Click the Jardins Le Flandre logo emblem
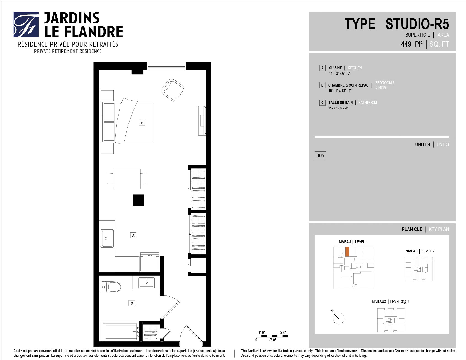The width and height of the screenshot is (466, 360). pyautogui.click(x=26, y=25)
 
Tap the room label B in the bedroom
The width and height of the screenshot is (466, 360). pyautogui.click(x=142, y=123)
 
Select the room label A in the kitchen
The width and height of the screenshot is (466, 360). pyautogui.click(x=133, y=235)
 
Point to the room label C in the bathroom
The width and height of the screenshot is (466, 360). pyautogui.click(x=132, y=303)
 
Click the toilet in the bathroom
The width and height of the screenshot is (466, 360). pyautogui.click(x=111, y=287)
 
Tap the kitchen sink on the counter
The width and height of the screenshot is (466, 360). pyautogui.click(x=107, y=238)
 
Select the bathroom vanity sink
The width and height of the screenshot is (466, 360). pyautogui.click(x=146, y=282)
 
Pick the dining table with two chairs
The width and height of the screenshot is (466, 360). pyautogui.click(x=127, y=179)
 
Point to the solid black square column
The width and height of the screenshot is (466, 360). pyautogui.click(x=139, y=200)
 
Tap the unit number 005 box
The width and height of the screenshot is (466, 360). pyautogui.click(x=320, y=155)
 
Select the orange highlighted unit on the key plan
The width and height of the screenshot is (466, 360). pyautogui.click(x=347, y=252)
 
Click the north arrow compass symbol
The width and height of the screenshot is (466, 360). pyautogui.click(x=338, y=318)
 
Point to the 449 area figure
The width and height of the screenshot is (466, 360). pyautogui.click(x=406, y=44)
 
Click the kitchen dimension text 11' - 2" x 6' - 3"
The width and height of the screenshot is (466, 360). pyautogui.click(x=340, y=74)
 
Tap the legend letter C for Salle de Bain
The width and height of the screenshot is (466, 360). pyautogui.click(x=322, y=103)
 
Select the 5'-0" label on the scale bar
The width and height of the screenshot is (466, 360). pyautogui.click(x=283, y=332)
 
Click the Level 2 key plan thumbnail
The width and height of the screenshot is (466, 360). pyautogui.click(x=419, y=269)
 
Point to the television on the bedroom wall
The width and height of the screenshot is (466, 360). pyautogui.click(x=202, y=120)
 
